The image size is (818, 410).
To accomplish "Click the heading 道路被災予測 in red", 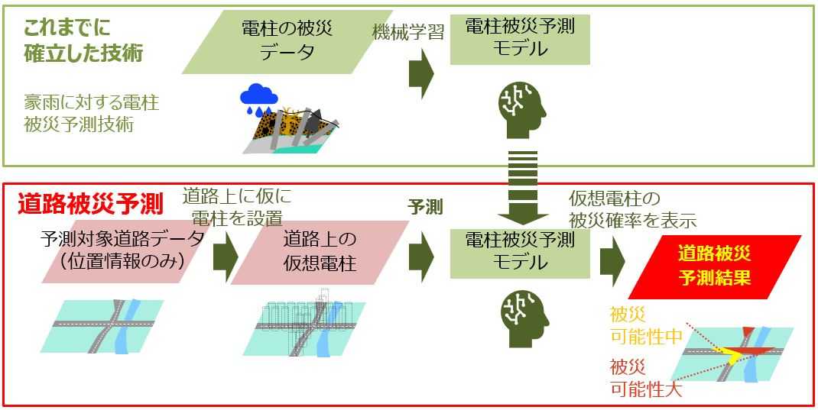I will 89,204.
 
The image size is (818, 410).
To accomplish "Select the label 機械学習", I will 408,32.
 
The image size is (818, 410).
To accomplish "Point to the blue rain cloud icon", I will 258,97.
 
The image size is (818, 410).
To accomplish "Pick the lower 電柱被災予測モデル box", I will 520,252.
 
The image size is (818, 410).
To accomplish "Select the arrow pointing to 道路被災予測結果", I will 612,259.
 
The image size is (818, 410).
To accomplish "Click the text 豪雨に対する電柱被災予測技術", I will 91,113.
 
